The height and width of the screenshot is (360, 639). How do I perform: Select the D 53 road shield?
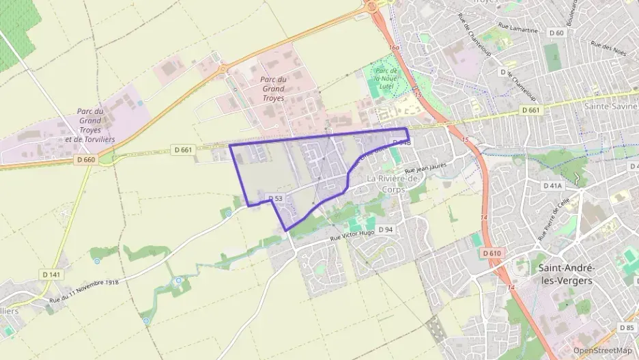pyautogui.click(x=274, y=198)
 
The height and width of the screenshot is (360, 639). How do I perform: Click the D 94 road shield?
pyautogui.click(x=386, y=230)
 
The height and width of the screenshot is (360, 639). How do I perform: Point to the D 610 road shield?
pyautogui.click(x=492, y=253)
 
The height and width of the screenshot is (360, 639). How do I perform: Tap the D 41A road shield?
pyautogui.click(x=552, y=185)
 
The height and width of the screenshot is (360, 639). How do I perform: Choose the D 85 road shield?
pyautogui.click(x=627, y=328)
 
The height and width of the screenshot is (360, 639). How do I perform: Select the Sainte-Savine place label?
pyautogui.click(x=610, y=107)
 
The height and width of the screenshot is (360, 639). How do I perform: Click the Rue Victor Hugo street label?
pyautogui.click(x=352, y=234)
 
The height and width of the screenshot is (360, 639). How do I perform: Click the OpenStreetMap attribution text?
pyautogui.click(x=602, y=350)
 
